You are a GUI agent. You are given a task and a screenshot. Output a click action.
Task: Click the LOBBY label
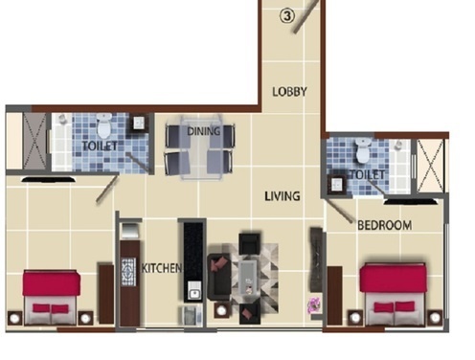(288, 92)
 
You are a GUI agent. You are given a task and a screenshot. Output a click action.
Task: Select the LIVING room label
(283, 196)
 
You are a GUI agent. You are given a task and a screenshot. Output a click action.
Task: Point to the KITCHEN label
(161, 269)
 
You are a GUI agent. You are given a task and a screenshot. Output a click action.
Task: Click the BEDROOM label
(384, 226)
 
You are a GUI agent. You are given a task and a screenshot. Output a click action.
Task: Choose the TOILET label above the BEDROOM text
(368, 175)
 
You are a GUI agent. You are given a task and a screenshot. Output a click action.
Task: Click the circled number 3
(285, 15)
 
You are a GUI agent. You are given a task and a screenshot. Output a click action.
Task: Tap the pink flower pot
(313, 306)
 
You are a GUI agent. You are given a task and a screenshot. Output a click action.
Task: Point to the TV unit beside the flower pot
(315, 259)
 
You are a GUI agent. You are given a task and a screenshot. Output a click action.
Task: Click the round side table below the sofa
(221, 310)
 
